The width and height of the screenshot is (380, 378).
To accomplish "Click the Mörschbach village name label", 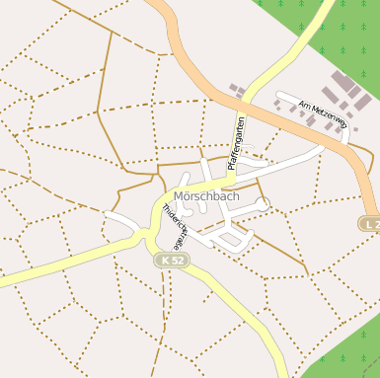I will coord(206,196).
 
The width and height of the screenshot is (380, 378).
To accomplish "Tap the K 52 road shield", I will coord(171,260).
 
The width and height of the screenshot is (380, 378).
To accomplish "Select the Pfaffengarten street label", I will coord(238,143).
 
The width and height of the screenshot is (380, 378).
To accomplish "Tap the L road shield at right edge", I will coord(369,225).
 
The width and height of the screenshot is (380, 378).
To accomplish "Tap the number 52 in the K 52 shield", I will coord(176,260).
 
